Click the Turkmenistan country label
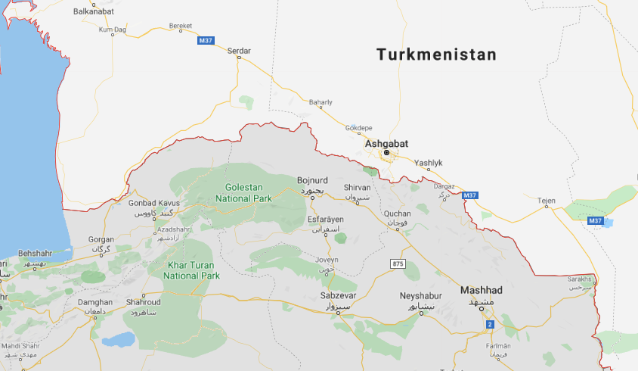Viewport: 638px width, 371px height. tap(436, 55)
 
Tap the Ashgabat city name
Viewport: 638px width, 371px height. tap(386, 142)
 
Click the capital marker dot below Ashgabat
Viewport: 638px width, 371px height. tap(386, 153)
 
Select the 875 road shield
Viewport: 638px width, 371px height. tap(398, 263)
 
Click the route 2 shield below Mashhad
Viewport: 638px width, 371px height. tap(489, 324)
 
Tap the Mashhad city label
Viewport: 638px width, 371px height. tap(482, 291)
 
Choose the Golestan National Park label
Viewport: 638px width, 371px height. tap(243, 192)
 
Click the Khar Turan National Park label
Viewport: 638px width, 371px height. tap(191, 271)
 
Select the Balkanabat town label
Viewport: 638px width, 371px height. tap(94, 11)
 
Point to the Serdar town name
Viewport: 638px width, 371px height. tap(239, 51)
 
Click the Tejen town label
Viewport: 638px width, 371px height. tap(546, 201)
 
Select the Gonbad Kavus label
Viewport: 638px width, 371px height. tap(153, 204)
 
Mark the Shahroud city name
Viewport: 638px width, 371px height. tap(141, 302)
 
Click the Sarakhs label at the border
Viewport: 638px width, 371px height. tap(579, 279)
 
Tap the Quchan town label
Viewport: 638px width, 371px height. tap(398, 214)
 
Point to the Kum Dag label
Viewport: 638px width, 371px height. tap(112, 30)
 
